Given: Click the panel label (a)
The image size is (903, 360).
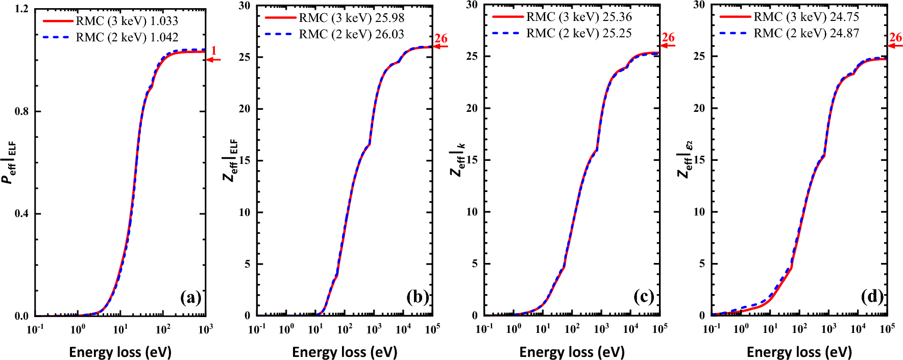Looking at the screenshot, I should (190, 297).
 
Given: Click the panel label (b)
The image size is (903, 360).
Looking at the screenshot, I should (417, 297).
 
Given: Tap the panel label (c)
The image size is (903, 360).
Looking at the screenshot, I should (644, 297).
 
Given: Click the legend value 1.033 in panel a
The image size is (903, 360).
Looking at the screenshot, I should (164, 21).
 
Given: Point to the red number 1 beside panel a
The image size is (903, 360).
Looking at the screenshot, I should (214, 51).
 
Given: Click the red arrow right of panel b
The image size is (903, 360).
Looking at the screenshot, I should (441, 46).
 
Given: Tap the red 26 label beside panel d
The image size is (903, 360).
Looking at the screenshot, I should (895, 38).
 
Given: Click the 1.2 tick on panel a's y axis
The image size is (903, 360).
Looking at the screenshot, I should (21, 9).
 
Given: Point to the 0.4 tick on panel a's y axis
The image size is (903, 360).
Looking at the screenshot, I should (21, 213).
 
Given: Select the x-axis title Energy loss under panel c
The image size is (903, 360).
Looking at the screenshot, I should (572, 352).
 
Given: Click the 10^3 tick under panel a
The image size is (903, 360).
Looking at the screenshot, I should (205, 329).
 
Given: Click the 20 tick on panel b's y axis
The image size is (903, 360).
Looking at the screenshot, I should (245, 109).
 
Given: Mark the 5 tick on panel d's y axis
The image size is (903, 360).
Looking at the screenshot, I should (702, 264).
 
